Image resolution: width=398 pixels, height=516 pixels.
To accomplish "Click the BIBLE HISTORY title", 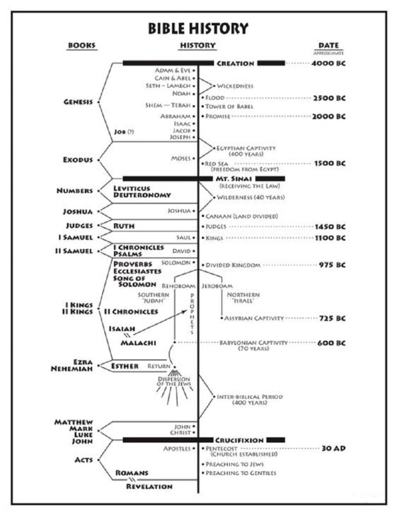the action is [x=198, y=28].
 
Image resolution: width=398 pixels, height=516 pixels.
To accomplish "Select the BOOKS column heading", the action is [x=82, y=45].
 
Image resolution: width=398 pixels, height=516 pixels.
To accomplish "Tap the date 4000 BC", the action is [x=328, y=63].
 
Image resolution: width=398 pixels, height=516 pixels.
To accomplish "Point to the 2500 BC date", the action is [x=329, y=98].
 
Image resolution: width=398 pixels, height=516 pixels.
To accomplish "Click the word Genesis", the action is [x=78, y=102].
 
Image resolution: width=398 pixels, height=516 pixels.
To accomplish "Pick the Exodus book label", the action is [x=78, y=160].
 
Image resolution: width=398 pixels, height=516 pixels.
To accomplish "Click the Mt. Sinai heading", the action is [x=234, y=179].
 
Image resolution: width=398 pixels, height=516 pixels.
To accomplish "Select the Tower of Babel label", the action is [x=229, y=106].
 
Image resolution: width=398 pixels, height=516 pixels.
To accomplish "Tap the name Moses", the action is [x=180, y=158].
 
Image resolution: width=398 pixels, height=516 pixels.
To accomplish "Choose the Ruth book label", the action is [x=124, y=226].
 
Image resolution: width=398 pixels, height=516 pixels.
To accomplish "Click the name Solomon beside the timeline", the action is [x=176, y=263].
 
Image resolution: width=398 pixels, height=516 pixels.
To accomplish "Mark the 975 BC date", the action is [x=332, y=265].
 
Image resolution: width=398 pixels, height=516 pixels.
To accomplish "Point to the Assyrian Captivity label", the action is [x=254, y=318].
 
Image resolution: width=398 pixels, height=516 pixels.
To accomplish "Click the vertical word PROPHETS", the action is [x=192, y=314].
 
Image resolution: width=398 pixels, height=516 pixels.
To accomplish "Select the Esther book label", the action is [x=124, y=366].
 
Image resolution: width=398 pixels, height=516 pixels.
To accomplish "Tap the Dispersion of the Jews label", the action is [x=174, y=381].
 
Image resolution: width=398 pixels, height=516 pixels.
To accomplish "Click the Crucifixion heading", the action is [x=239, y=440].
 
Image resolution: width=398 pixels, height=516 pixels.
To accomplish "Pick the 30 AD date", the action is [x=334, y=448].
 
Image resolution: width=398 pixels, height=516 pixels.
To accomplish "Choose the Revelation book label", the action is [x=149, y=486].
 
